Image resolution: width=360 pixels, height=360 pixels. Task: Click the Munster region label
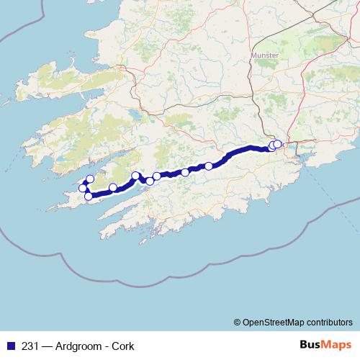(x=264, y=55)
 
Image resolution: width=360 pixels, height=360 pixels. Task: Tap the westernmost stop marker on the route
(x=83, y=189)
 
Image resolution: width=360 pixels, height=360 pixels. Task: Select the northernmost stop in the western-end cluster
(x=90, y=179)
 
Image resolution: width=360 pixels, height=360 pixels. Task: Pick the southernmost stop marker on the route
(x=89, y=196)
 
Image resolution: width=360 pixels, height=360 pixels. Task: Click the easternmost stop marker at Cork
(x=277, y=144)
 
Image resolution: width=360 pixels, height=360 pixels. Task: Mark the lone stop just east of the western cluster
(x=113, y=188)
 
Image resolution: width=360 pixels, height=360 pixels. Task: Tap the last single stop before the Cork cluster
(x=209, y=166)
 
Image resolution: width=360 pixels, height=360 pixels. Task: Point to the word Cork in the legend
(x=122, y=346)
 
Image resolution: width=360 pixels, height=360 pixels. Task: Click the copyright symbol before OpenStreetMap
(x=237, y=322)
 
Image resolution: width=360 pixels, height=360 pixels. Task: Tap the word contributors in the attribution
(x=329, y=322)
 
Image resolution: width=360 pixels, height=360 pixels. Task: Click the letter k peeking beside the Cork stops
(x=284, y=145)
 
